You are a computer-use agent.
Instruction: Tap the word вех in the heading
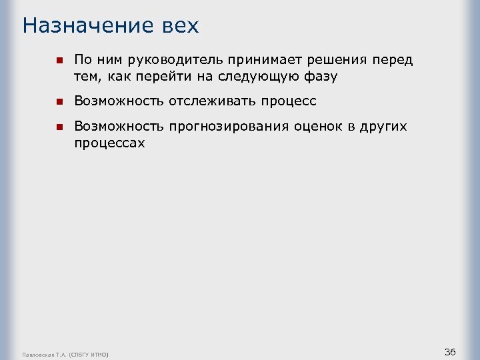tap(180, 26)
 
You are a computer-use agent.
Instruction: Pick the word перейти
tap(159, 77)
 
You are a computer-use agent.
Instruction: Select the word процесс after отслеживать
tap(287, 102)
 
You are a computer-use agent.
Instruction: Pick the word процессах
tap(109, 143)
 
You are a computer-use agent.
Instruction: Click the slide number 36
tap(450, 351)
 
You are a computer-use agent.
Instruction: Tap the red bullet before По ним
tap(59, 60)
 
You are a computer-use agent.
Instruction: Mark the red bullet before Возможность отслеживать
tap(59, 102)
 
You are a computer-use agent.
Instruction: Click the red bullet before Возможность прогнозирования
tap(59, 127)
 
